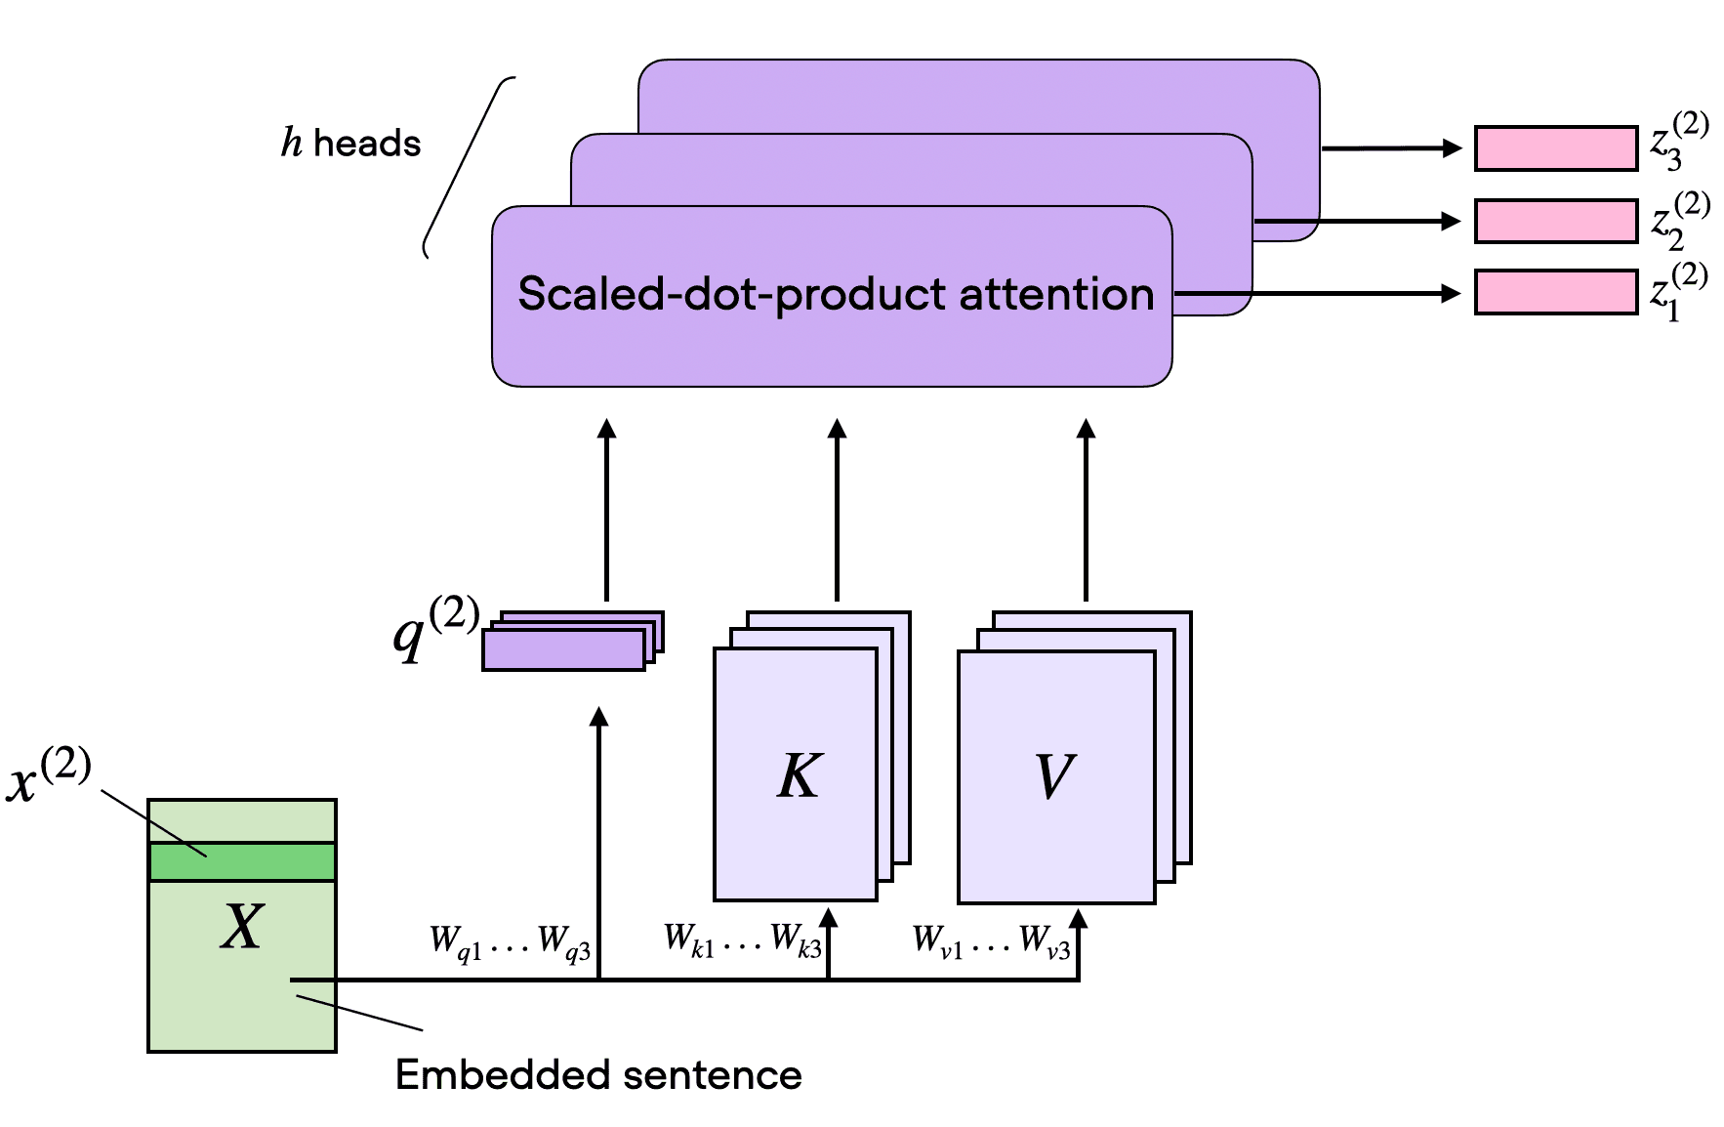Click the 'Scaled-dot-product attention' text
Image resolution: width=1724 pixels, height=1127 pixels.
836,294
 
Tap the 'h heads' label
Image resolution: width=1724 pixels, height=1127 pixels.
351,144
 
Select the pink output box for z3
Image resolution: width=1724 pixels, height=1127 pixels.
1555,148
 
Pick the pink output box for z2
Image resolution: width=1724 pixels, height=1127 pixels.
1555,222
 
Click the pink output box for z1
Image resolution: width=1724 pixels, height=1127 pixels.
1555,293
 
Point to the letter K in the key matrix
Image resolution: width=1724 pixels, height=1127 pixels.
800,776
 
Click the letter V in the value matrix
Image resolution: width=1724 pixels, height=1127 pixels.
1054,776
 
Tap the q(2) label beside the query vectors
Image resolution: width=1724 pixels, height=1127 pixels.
435,628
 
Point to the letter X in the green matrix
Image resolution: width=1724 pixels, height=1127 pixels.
241,926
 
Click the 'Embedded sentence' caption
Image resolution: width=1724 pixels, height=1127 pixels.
598,1075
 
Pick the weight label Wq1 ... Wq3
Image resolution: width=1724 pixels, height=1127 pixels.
510,943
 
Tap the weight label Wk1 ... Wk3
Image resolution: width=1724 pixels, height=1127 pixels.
742,940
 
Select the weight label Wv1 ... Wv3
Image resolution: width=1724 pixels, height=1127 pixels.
991,942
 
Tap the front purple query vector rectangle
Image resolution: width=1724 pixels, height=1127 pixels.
563,650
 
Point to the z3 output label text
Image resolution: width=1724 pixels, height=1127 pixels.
1679,143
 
